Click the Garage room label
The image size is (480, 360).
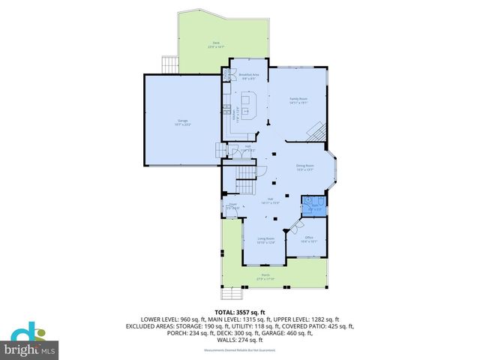click(x=182, y=121)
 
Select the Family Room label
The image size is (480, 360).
click(x=298, y=100)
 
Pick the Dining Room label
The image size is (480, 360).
click(x=304, y=166)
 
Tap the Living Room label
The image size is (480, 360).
click(x=266, y=240)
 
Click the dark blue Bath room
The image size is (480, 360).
click(x=311, y=205)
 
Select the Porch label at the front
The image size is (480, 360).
click(x=265, y=276)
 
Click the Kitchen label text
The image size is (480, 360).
click(x=235, y=116)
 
